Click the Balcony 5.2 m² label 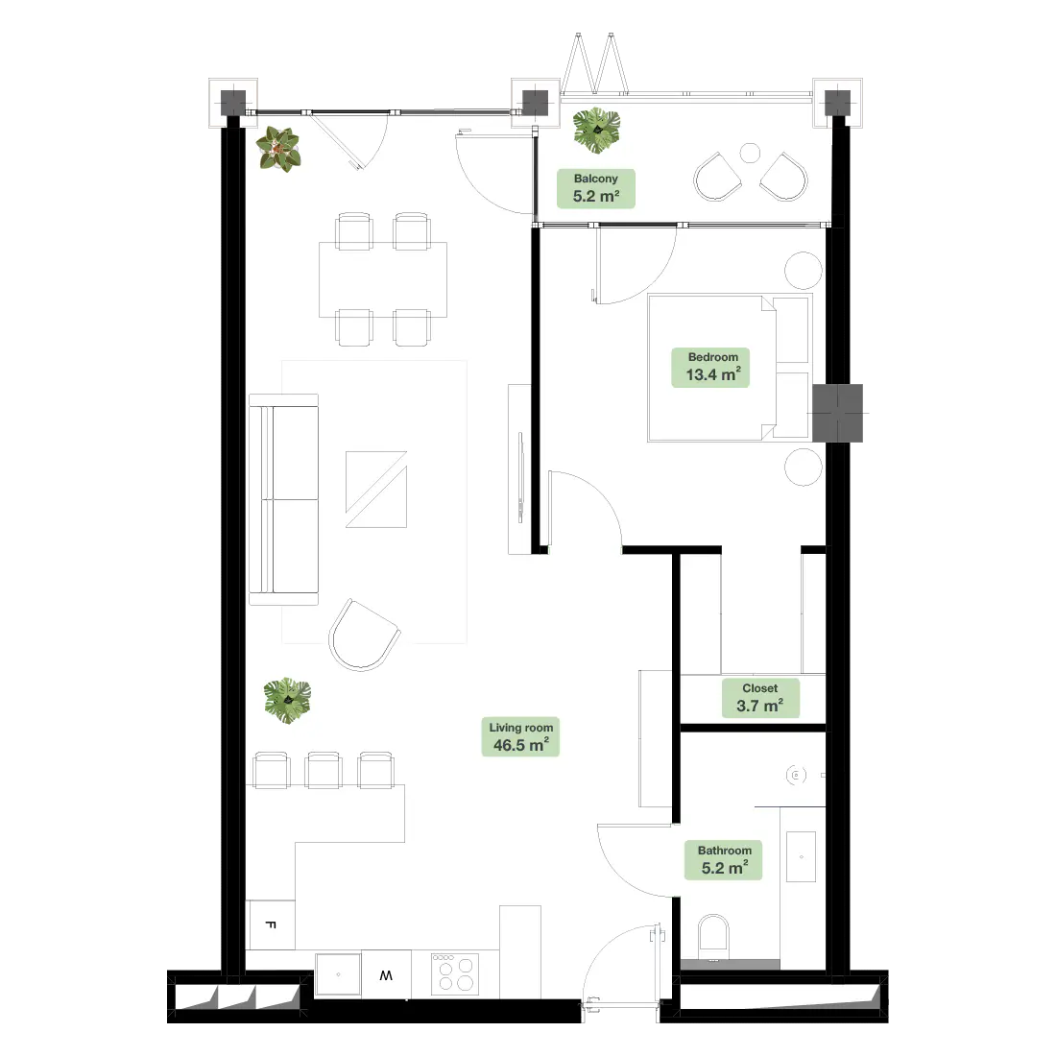[x=596, y=188]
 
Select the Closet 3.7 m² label [x=760, y=698]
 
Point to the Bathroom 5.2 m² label [x=723, y=860]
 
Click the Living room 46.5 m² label [x=520, y=736]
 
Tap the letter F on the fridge [x=271, y=924]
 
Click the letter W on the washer [x=386, y=975]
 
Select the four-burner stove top [x=455, y=973]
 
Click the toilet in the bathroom [x=713, y=937]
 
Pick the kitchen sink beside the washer [x=338, y=973]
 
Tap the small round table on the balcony [x=751, y=154]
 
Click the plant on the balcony [x=597, y=130]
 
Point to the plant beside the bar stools [x=288, y=701]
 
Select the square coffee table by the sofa [x=376, y=490]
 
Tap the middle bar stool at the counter [x=324, y=771]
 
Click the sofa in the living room [x=283, y=500]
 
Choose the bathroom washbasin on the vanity [x=802, y=856]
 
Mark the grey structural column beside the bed [x=837, y=413]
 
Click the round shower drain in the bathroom [x=796, y=775]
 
